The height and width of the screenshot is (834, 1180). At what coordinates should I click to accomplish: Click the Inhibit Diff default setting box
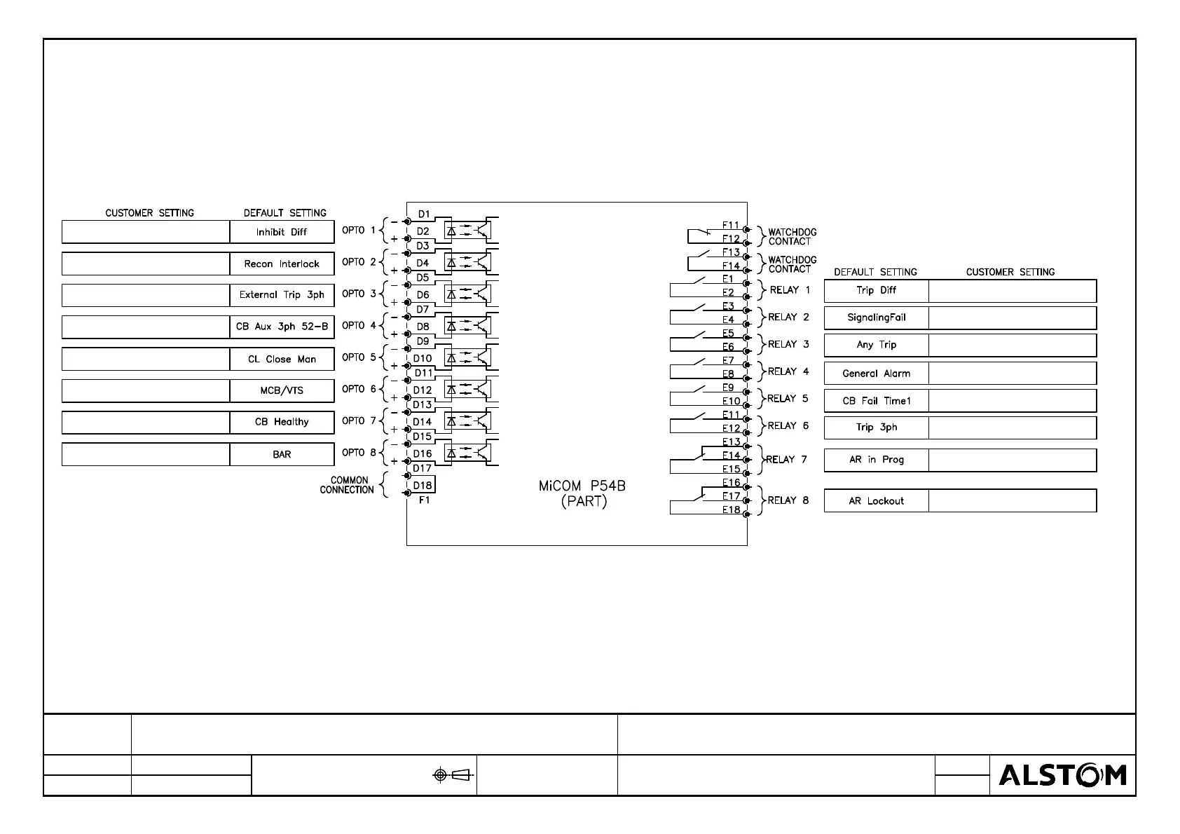[x=282, y=232]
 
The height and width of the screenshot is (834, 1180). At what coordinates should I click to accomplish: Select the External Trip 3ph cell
[x=282, y=295]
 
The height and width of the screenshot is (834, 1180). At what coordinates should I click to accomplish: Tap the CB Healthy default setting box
[x=282, y=422]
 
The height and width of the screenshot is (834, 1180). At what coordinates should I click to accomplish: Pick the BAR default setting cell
[x=282, y=454]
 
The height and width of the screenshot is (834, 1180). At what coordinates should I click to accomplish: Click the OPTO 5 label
[x=359, y=357]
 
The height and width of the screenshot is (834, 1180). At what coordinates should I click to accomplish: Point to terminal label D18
[x=423, y=485]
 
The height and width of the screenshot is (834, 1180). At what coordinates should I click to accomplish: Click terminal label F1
[x=424, y=500]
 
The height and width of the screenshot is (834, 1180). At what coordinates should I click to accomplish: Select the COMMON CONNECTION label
[x=348, y=485]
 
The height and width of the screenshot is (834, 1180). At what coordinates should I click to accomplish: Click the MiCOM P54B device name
[x=582, y=486]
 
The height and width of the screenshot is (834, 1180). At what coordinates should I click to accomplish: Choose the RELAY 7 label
[x=786, y=460]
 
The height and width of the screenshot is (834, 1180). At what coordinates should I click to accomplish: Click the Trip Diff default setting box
[x=876, y=290]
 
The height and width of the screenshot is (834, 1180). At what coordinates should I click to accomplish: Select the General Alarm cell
[x=876, y=374]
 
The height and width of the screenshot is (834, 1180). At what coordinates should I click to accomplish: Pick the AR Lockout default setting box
[x=876, y=501]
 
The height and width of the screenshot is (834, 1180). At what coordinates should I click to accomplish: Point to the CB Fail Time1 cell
[x=876, y=401]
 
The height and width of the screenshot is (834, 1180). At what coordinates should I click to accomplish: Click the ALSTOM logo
[x=1062, y=775]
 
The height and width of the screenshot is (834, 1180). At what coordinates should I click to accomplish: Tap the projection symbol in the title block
[x=453, y=774]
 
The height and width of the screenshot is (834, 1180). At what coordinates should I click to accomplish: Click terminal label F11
[x=731, y=225]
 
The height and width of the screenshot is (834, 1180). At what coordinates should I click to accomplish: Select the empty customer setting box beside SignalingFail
[x=1012, y=317]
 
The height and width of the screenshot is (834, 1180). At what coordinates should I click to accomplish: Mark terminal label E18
[x=731, y=510]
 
